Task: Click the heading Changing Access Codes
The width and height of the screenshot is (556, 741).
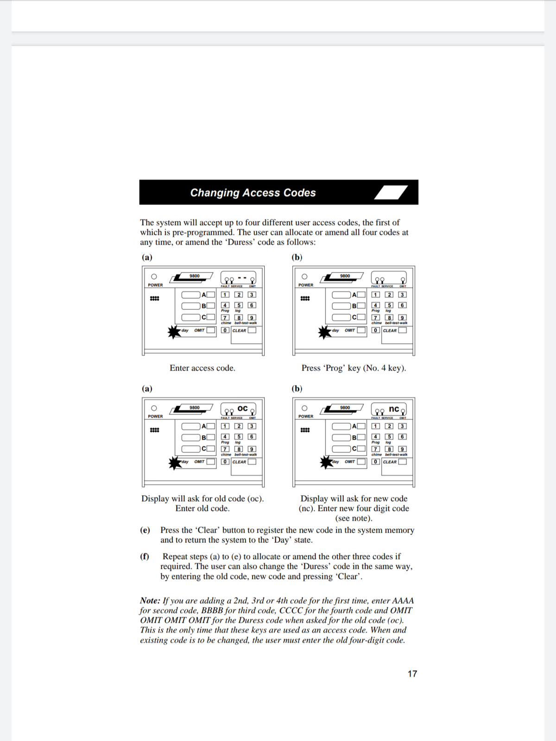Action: pos(253,193)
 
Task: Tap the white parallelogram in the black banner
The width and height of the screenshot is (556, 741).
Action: pos(391,192)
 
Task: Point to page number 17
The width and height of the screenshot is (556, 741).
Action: pos(412,674)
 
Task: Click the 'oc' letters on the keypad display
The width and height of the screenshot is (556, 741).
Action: pos(242,408)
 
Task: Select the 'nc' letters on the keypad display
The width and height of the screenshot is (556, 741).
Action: pos(394,408)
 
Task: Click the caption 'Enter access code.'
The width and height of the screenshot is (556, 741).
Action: pos(202,368)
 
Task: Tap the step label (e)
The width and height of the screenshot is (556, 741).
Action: pos(145,530)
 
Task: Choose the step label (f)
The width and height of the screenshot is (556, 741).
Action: pos(145,557)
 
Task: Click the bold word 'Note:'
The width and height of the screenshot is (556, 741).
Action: pos(150,601)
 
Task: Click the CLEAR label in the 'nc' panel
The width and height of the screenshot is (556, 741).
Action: pos(390,462)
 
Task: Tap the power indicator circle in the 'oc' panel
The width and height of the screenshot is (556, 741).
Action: pos(154,408)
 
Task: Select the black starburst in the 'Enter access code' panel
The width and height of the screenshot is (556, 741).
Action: pos(174,332)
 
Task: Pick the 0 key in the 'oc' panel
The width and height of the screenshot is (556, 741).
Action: pos(225,462)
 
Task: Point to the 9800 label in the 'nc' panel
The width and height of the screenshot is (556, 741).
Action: pos(345,408)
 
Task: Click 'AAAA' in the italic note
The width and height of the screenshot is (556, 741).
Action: pos(403,601)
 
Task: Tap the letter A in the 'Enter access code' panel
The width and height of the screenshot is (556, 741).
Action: pos(203,295)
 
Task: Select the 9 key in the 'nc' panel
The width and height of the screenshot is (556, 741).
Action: pos(403,449)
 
